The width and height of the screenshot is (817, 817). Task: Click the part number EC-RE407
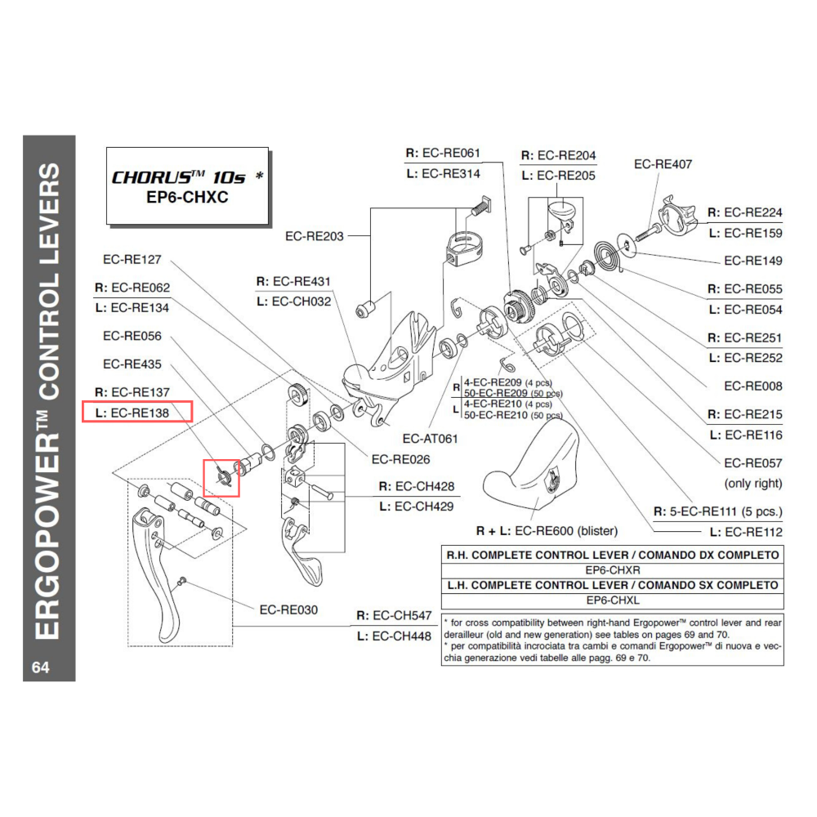(663, 164)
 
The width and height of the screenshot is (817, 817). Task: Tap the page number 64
(40, 667)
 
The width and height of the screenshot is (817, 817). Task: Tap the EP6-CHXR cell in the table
(611, 570)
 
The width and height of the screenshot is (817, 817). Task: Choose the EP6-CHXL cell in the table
(611, 600)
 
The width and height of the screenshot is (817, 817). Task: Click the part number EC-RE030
(288, 609)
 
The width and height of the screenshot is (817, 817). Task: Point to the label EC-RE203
(315, 236)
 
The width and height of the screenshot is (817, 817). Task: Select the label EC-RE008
(752, 386)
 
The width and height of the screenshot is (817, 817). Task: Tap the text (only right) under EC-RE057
(752, 483)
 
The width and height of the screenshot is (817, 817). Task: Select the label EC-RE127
(132, 260)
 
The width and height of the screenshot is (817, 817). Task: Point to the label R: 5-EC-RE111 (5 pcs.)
(718, 512)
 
